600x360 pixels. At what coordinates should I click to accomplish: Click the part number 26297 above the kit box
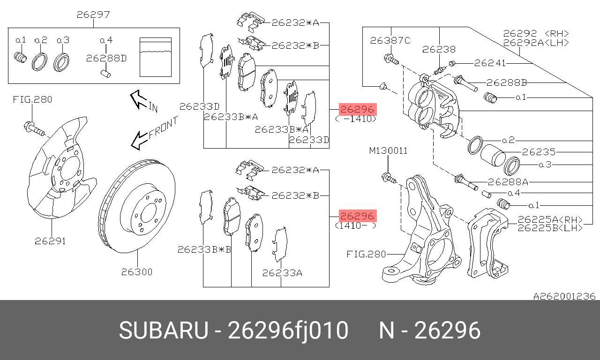click(x=93, y=15)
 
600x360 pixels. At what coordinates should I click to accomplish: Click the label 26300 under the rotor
click(x=137, y=272)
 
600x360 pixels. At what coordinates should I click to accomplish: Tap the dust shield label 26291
click(x=50, y=241)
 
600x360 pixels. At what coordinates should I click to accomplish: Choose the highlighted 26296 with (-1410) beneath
click(x=357, y=110)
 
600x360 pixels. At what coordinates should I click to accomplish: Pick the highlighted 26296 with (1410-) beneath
click(x=357, y=216)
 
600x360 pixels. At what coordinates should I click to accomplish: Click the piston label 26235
click(x=539, y=152)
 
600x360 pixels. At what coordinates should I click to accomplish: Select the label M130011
click(x=388, y=151)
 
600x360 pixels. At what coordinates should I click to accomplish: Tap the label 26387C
click(x=390, y=40)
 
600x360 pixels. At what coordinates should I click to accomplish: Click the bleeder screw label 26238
click(x=439, y=49)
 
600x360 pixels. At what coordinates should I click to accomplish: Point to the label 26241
click(x=490, y=63)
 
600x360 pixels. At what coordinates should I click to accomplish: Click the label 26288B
click(x=506, y=83)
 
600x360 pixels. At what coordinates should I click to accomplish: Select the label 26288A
click(x=508, y=182)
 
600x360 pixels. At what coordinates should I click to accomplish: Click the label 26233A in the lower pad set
click(x=282, y=272)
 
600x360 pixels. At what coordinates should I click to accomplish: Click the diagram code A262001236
click(x=564, y=296)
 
